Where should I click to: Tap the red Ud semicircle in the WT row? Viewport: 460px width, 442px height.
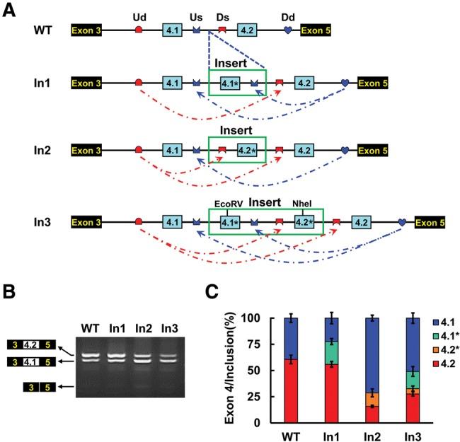pos(139,30)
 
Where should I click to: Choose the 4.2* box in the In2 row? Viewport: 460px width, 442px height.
pos(245,151)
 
